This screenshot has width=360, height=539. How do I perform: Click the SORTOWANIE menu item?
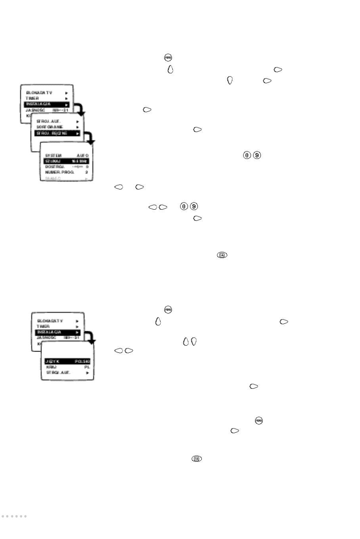[x=50, y=127]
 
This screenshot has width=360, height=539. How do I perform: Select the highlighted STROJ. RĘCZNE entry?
[x=52, y=134]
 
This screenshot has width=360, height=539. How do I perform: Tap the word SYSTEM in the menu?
[x=54, y=156]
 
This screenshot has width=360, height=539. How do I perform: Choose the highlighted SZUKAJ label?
[x=53, y=161]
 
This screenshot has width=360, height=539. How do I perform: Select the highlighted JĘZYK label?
[x=52, y=361]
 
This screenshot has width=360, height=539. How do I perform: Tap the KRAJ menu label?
[x=51, y=367]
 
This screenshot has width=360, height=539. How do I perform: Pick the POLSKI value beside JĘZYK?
[x=82, y=361]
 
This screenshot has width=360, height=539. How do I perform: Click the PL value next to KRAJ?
[x=87, y=367]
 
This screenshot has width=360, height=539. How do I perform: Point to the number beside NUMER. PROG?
[x=86, y=172]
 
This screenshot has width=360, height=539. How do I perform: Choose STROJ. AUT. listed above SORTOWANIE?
[x=48, y=121]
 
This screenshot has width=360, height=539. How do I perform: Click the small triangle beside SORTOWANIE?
[x=78, y=127]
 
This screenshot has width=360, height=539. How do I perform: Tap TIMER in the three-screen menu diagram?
[x=33, y=98]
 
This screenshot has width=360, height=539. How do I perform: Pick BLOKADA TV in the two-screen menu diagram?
[x=50, y=321]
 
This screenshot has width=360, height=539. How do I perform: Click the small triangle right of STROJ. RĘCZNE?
[x=78, y=134]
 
